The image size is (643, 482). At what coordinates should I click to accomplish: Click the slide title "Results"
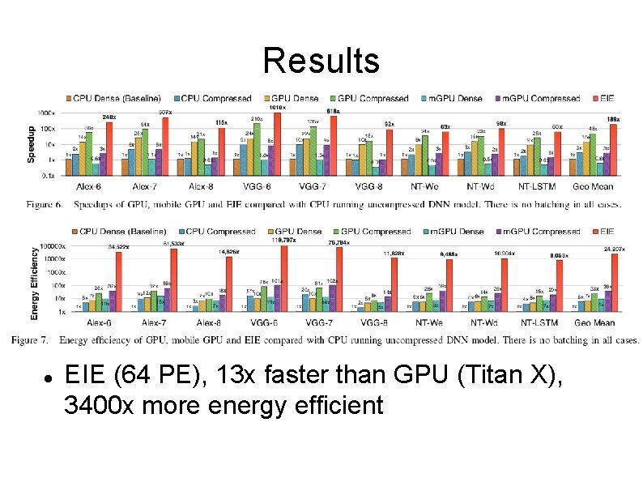(x=321, y=61)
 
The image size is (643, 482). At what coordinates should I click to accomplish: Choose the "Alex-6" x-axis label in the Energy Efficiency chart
(x=97, y=322)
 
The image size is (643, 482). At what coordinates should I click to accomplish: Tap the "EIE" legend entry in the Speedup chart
(x=605, y=99)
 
